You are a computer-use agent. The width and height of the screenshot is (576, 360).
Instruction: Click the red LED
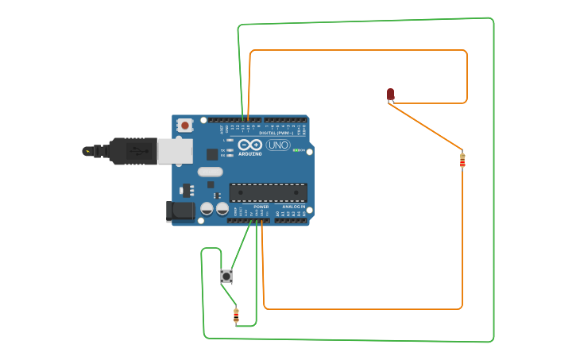click(x=390, y=95)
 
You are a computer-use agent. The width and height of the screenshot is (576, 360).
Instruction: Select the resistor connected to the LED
click(x=462, y=161)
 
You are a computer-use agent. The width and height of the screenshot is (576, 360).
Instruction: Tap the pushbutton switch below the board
click(x=226, y=277)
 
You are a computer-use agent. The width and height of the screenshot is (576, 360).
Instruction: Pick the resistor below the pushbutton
click(x=236, y=315)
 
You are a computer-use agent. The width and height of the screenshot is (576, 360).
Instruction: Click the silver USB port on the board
click(x=175, y=151)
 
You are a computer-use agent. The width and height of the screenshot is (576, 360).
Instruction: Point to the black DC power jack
click(x=180, y=211)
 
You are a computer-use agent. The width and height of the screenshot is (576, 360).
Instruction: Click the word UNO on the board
click(x=278, y=145)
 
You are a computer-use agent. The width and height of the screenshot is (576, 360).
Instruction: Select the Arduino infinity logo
click(x=249, y=145)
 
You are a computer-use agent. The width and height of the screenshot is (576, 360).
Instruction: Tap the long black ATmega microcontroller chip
click(x=268, y=192)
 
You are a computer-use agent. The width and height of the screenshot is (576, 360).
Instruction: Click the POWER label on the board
click(x=261, y=207)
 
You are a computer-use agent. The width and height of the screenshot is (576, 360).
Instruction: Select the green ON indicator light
click(x=296, y=150)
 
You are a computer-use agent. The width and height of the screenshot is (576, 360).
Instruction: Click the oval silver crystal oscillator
click(x=210, y=172)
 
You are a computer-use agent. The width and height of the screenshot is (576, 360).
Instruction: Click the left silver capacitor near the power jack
click(x=207, y=208)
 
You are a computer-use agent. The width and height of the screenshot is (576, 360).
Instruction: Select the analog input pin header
click(x=291, y=220)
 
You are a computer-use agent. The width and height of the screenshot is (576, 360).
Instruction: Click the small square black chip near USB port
click(x=212, y=154)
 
